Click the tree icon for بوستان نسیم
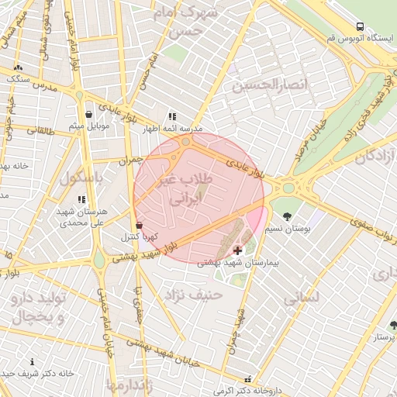[x=288, y=216]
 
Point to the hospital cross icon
[x=237, y=250]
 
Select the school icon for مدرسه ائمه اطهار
[x=172, y=116]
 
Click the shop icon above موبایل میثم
[x=89, y=113]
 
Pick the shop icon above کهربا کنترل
[x=139, y=225]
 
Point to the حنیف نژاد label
[x=192, y=294]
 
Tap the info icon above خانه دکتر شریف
[x=32, y=362]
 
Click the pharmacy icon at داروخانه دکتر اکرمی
[x=247, y=380]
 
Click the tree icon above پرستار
[x=393, y=325]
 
